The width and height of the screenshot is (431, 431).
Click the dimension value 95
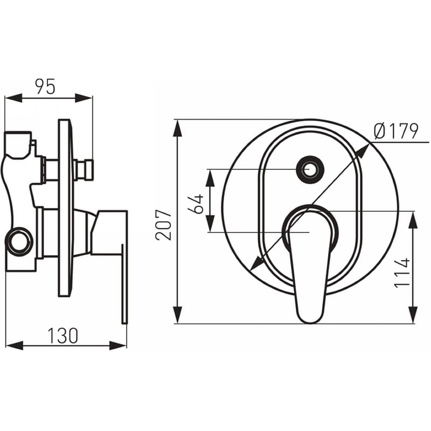pos(45,86)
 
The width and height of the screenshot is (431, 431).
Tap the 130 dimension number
pos(63,335)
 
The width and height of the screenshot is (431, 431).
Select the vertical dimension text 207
pos(163,225)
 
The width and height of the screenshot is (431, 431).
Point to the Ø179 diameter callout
pos(396,131)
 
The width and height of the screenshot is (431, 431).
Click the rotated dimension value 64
pos(196,204)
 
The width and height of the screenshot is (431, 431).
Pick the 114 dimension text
pos(402,273)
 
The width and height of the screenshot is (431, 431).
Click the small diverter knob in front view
pos(310,169)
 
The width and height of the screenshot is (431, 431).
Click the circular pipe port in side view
pos(19,241)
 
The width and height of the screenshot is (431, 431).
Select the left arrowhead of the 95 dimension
pos(13,98)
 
